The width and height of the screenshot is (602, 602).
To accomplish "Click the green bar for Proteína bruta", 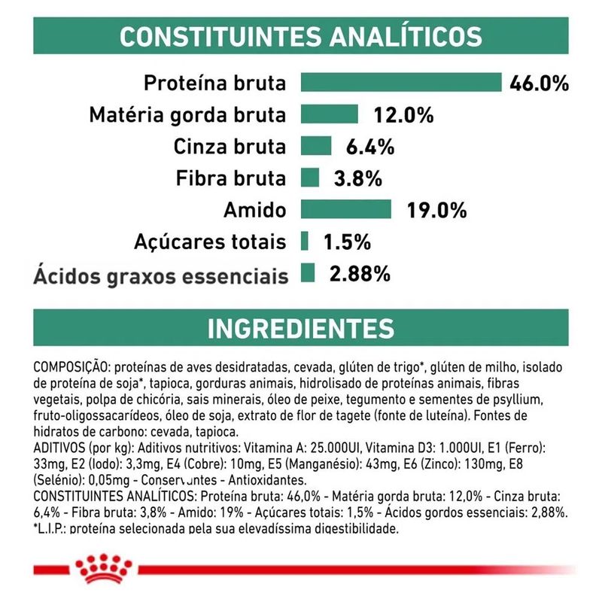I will tap(401, 82).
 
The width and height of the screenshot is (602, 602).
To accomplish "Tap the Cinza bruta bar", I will tap(316, 146).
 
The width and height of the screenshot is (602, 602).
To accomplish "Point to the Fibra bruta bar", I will tap(310, 178).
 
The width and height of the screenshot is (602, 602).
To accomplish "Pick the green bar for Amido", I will tap(346, 209).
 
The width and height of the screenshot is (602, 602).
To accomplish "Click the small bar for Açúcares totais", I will tap(305, 241).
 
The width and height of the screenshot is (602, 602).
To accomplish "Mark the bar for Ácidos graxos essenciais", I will tap(307, 272).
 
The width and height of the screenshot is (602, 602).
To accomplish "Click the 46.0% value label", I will tap(539, 83).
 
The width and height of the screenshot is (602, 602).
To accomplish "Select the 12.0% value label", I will tap(403, 115).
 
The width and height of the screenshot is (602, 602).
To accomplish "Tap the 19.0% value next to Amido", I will tap(436, 210).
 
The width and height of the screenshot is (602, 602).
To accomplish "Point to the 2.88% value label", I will tap(360, 273).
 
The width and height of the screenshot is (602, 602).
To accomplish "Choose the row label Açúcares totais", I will tap(210, 242).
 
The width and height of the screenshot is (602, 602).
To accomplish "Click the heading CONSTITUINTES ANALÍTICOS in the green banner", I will tap(301, 36).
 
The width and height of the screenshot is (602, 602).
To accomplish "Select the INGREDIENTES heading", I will tap(301, 328).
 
